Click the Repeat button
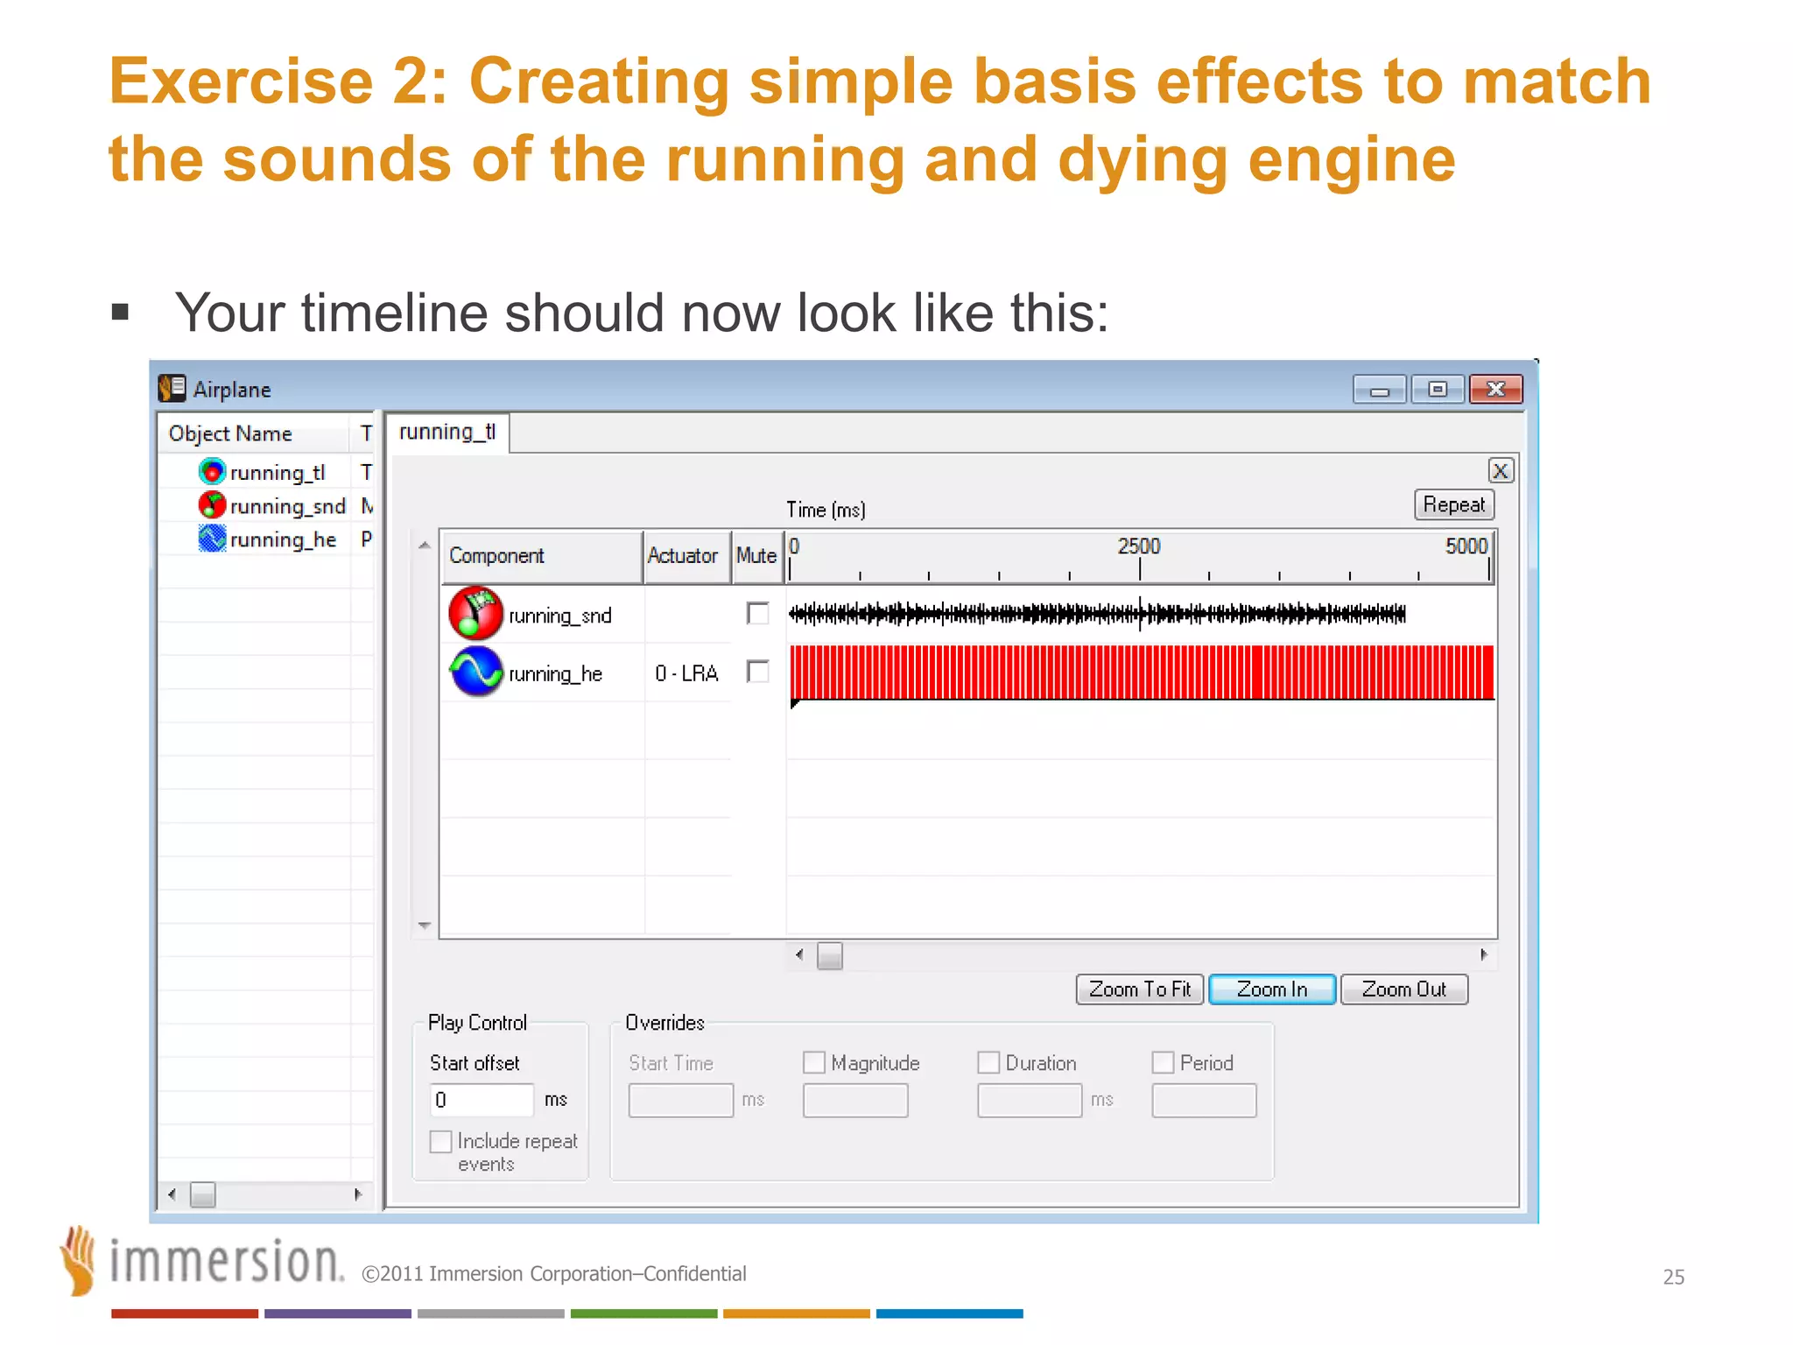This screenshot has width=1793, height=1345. pos(1453,504)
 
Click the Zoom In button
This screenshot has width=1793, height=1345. pos(1271,989)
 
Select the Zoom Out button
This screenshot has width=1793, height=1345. pos(1403,989)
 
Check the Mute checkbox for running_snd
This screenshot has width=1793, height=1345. pos(757,613)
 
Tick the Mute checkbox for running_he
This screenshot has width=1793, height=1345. pos(757,672)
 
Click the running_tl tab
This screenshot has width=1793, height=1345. pos(447,432)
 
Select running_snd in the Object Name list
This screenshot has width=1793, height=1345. pos(287,506)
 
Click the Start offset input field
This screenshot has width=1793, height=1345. pos(482,1100)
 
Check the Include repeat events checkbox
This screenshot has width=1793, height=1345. pos(441,1141)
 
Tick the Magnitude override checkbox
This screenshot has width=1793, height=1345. pos(814,1062)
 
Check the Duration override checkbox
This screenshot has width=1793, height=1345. pos(988,1062)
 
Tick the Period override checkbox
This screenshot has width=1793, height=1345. pos(1163,1062)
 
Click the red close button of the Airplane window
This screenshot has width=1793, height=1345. pos(1495,389)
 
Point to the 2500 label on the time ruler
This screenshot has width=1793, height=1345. pos(1138,546)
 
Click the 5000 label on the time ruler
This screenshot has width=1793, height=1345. pos(1466,546)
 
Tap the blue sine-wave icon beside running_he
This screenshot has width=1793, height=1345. pos(476,672)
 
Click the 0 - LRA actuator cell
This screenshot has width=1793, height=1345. pos(686,673)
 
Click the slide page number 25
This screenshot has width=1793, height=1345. pos(1673,1277)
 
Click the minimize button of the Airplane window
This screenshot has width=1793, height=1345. pos(1379,389)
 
